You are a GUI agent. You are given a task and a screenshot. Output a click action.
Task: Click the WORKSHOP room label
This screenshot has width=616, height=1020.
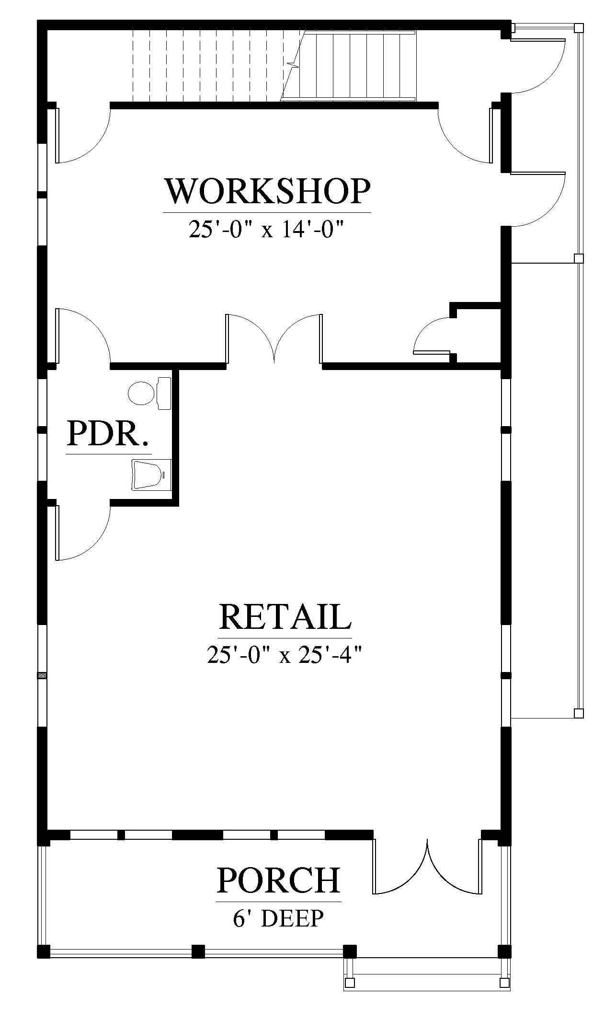pos(267,192)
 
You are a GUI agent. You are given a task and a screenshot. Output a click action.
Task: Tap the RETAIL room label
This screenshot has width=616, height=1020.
pos(285,617)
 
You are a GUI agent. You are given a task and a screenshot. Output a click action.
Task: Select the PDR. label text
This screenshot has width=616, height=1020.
pos(108,434)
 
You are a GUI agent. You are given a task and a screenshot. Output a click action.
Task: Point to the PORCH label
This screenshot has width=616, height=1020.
pos(279,880)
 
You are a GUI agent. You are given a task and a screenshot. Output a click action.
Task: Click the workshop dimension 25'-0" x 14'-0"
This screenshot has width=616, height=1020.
pos(267,230)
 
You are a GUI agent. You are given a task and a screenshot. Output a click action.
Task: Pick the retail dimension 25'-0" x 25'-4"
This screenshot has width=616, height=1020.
pos(284,654)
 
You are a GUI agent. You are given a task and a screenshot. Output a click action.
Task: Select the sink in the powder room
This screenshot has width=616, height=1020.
pos(151,475)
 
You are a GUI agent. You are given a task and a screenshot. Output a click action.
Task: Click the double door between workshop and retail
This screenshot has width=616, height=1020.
pos(274,338)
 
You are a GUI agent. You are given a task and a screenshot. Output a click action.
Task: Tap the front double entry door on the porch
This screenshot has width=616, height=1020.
pos(427,867)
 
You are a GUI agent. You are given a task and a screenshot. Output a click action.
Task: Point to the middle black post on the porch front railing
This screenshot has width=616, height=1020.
pos(198,951)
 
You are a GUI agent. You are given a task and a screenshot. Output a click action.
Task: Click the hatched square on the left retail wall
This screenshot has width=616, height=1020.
pos(42,675)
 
